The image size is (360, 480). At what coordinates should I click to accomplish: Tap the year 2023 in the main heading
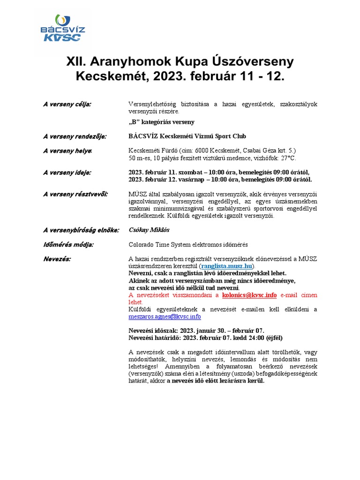[x=168, y=76]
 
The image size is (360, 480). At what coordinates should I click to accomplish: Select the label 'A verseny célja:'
[x=67, y=104]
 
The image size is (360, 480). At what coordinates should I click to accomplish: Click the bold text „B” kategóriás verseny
[x=161, y=122]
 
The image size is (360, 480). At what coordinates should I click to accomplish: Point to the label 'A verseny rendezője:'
[x=75, y=136]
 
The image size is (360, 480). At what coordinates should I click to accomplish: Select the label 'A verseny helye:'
[x=68, y=150]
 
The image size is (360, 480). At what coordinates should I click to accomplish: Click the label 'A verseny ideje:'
[x=67, y=172]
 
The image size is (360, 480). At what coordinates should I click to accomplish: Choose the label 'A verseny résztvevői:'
[x=75, y=194]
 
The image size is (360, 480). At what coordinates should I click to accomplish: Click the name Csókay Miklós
[x=149, y=230]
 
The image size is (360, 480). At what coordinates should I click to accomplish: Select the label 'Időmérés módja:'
[x=68, y=244]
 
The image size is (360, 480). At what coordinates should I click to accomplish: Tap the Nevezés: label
[x=57, y=259]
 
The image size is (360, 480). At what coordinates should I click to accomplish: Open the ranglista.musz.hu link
[x=227, y=266]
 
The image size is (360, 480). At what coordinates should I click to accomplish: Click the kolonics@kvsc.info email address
[x=249, y=295]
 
